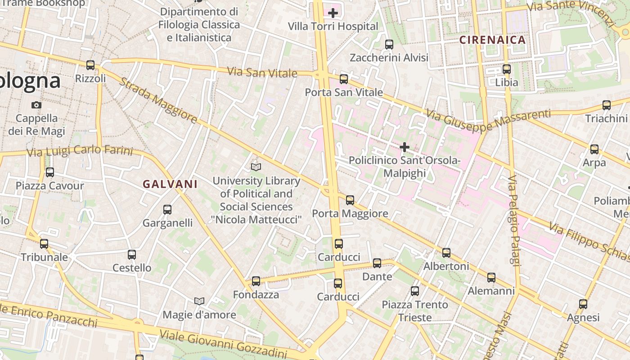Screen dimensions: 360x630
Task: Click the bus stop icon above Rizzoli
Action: pos(90,65)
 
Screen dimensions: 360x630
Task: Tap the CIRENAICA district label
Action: pos(492,40)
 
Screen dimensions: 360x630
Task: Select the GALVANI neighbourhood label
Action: pos(170,184)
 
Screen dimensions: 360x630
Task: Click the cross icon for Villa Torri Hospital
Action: pos(333,13)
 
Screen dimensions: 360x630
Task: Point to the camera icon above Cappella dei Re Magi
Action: pos(36,105)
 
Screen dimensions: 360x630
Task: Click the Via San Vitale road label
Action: pos(262,72)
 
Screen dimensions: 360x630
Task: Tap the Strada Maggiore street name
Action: pos(158,101)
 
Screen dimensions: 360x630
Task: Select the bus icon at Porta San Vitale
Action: pos(344,79)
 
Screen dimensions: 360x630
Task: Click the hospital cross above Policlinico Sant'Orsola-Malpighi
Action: pos(405,147)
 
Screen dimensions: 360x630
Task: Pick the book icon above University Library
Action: pos(256,167)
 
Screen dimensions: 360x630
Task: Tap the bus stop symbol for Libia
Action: pos(507,69)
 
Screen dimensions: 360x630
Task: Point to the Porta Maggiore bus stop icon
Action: pos(350,200)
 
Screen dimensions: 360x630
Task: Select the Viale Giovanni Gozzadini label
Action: pos(223,344)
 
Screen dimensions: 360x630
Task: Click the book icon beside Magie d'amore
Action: pos(199,301)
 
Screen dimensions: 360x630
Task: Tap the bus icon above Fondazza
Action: pos(256,281)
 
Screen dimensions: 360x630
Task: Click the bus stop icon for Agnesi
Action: pos(583,304)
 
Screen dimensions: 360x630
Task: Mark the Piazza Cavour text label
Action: pos(50,186)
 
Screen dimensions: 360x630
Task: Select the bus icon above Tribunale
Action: pos(44,244)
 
